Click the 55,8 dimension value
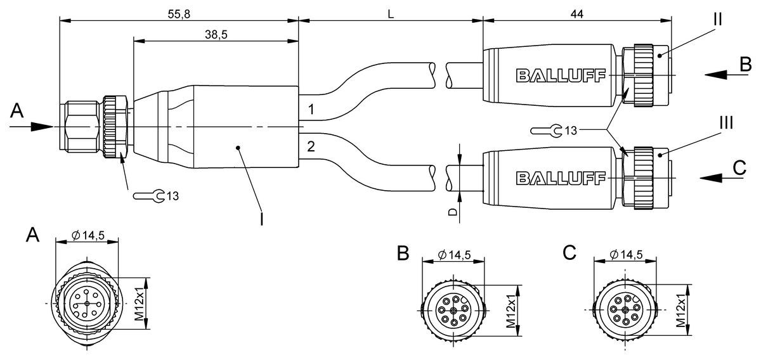179,13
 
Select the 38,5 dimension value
216,35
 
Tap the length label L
391,13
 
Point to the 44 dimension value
576,13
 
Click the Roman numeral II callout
717,18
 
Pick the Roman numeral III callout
725,123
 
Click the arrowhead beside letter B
715,74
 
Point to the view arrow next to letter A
42,125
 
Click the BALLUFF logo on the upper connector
560,76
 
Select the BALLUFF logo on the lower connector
560,178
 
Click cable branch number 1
311,108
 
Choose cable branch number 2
311,147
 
